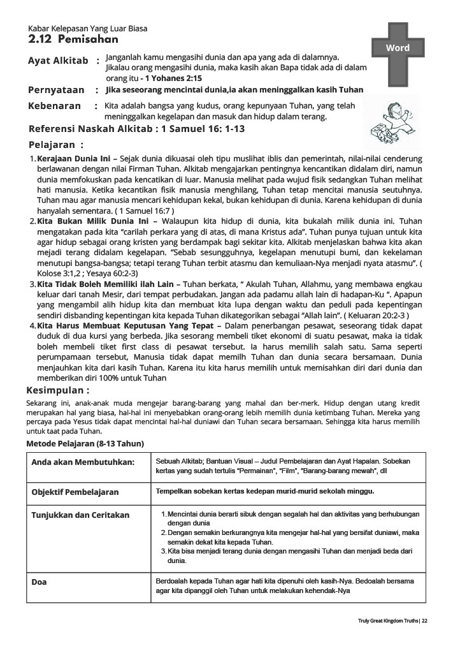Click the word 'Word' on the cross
click(398, 48)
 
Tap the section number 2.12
click(40, 40)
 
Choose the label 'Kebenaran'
click(55, 106)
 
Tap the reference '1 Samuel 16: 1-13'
click(203, 129)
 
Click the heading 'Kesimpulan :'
click(57, 390)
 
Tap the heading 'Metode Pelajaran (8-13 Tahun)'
click(85, 443)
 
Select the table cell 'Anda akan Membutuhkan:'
click(83, 461)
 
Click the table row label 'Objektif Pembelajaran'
click(75, 492)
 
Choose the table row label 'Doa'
click(39, 582)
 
